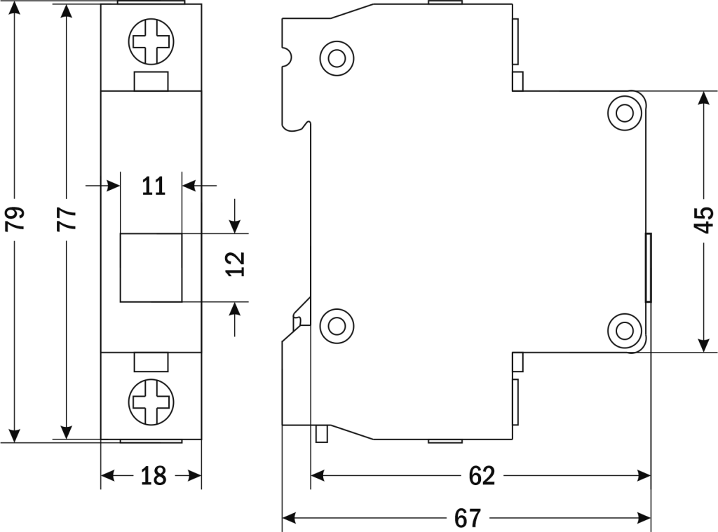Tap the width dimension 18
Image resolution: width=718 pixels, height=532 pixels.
(x=153, y=476)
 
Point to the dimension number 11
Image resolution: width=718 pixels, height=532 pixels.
(x=153, y=186)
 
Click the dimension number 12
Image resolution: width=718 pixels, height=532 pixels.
(x=237, y=264)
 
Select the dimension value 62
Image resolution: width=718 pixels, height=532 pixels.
(x=481, y=476)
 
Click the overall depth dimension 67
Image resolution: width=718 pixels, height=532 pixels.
(x=467, y=519)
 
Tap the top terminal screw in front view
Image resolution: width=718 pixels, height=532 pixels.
(x=150, y=41)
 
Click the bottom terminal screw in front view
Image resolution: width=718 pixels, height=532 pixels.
(x=150, y=401)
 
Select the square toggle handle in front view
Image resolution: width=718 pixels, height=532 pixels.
(x=151, y=267)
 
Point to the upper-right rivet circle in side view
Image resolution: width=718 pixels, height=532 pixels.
(x=625, y=111)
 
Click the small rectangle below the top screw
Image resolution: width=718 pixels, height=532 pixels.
(x=151, y=81)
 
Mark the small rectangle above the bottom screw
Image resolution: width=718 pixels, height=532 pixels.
(x=151, y=362)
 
